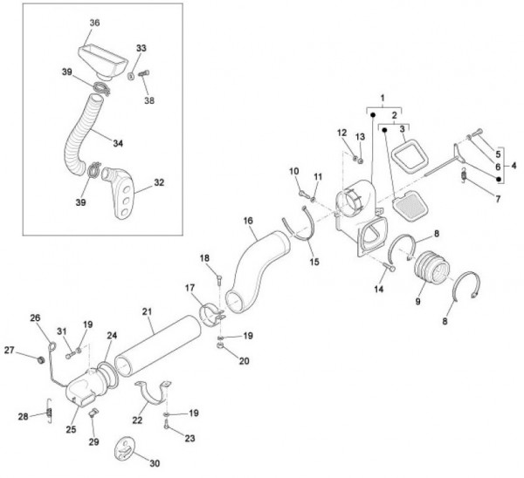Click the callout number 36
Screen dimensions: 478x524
coord(94,23)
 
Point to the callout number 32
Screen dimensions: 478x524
coord(159,183)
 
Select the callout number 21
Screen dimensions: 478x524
coord(148,312)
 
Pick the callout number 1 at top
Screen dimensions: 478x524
coord(382,99)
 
